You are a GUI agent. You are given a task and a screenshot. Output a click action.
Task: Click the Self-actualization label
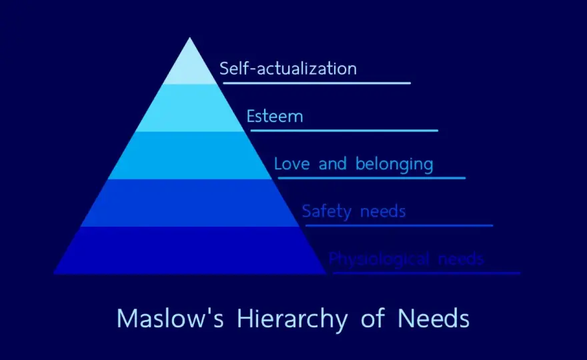288,69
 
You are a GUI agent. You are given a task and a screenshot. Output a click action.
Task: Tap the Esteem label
274,116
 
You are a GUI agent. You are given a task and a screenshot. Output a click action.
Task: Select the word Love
292,164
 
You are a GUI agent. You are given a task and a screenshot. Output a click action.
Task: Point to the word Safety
326,212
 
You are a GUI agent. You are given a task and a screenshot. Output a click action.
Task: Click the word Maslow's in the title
170,319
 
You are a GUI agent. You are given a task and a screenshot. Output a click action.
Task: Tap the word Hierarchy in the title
292,320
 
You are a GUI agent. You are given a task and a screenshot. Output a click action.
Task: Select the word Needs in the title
433,319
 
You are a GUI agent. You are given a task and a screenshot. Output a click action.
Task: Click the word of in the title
373,318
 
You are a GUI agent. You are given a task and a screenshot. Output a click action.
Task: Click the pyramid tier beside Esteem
190,108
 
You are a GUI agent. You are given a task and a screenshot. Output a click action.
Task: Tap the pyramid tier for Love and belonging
190,155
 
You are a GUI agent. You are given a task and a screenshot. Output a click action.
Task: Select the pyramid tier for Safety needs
190,203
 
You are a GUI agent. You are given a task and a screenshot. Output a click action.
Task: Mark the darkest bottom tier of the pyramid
190,251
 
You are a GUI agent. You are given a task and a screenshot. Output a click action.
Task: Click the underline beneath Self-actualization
317,83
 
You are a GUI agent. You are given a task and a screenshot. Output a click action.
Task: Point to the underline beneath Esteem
344,131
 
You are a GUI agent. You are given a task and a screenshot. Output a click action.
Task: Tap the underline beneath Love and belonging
372,178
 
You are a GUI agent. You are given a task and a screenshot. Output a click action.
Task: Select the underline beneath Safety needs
399,225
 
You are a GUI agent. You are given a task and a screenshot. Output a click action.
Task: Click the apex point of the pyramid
190,37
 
